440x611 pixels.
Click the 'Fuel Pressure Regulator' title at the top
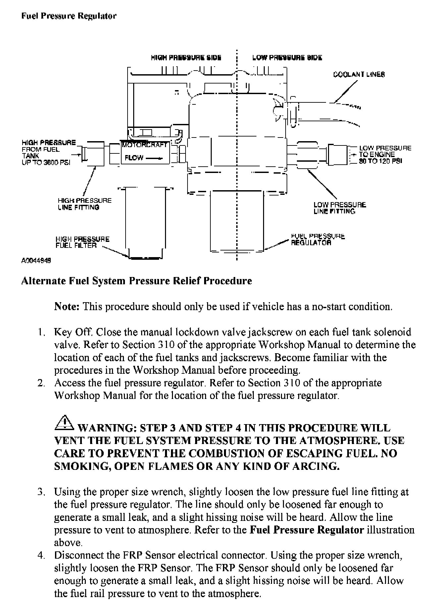pos(69,16)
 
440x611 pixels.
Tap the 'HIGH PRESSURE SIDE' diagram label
pos(186,58)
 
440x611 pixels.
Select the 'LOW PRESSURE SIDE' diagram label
pos(287,58)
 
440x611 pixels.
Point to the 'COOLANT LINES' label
pos(359,75)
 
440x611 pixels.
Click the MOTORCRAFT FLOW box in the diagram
pos(145,153)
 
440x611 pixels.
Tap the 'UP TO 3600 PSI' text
pos(46,163)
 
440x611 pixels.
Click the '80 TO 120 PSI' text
pos(380,161)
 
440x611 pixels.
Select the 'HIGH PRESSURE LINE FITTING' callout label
pos(84,204)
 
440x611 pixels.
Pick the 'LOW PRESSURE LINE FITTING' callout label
pos(340,208)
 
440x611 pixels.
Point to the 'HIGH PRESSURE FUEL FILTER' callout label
pos(82,242)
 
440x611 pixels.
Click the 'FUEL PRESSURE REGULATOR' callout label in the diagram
pos(317,240)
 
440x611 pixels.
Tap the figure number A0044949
pos(36,260)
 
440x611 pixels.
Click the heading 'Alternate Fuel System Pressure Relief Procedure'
pos(136,281)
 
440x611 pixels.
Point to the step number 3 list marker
pos(41,492)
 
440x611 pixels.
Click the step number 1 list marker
pos(41,332)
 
